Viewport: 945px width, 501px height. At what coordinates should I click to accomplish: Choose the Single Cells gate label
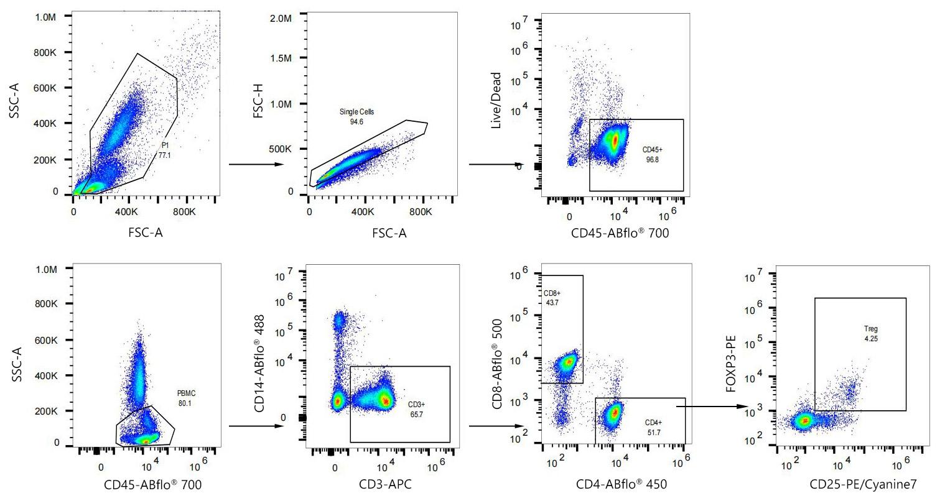point(356,112)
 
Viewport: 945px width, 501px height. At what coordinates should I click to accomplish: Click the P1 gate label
point(165,145)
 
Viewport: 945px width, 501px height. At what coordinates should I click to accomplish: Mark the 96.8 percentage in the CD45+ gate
point(652,160)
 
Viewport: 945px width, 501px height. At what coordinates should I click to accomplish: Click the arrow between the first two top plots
point(256,165)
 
